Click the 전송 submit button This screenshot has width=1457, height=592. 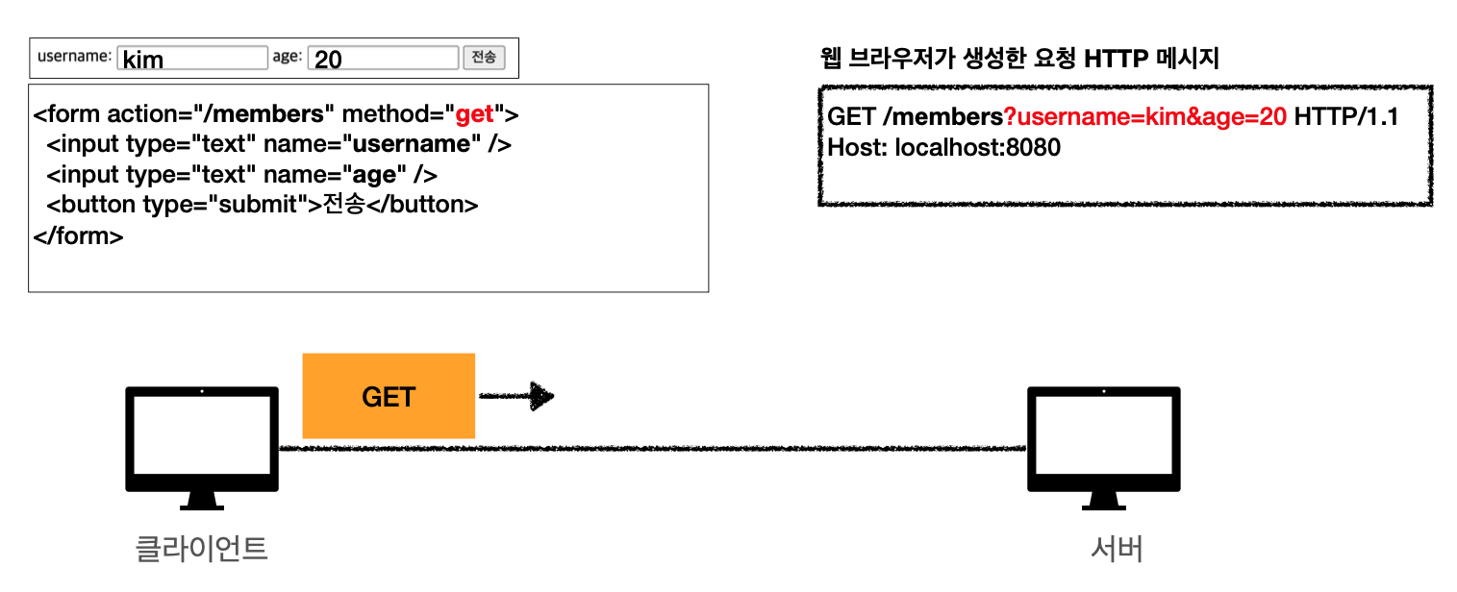tap(484, 58)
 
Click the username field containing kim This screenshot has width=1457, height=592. tap(192, 59)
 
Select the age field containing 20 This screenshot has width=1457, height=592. tap(383, 59)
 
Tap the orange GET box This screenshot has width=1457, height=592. tap(389, 396)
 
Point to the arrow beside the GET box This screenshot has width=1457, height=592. tap(516, 396)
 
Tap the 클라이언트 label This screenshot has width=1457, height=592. tap(201, 549)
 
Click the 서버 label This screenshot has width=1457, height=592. tap(1117, 549)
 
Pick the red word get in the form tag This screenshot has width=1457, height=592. tap(474, 115)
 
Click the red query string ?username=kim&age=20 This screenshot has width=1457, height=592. tap(1144, 117)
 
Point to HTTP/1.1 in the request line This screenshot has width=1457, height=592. tap(1345, 117)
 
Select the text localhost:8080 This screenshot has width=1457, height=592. tap(977, 148)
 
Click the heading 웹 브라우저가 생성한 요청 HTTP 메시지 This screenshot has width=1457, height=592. tap(1018, 59)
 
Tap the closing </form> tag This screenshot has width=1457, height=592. tap(78, 235)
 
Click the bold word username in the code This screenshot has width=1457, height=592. tap(408, 145)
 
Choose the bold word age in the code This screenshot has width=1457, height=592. tap(374, 175)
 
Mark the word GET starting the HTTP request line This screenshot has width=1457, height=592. tap(851, 117)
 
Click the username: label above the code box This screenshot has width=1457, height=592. tap(75, 57)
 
